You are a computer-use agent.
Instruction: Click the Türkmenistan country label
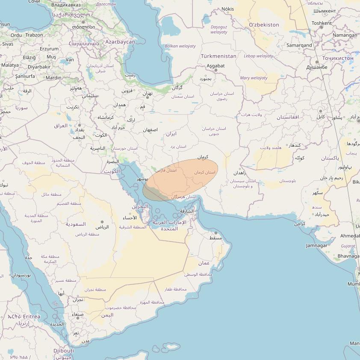tap(218, 56)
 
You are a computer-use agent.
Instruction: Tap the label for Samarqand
tap(299, 45)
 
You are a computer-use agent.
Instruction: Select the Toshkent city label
tap(322, 23)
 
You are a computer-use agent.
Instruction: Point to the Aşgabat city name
tap(215, 66)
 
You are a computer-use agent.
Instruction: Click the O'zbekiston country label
tap(264, 25)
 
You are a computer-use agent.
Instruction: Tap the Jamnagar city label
tap(317, 245)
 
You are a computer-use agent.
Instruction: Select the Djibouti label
tap(64, 351)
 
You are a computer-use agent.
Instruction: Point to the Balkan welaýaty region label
tap(180, 46)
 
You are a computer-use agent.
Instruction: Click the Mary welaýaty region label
tap(254, 78)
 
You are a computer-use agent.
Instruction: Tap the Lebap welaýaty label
tap(258, 56)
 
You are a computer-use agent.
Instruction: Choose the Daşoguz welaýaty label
tap(219, 30)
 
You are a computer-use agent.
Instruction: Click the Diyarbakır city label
tap(39, 67)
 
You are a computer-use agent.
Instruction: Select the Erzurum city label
tap(49, 49)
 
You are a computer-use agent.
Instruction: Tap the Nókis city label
tap(227, 9)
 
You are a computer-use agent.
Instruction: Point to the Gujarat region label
tap(348, 246)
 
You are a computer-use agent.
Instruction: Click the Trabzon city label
tap(34, 35)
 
